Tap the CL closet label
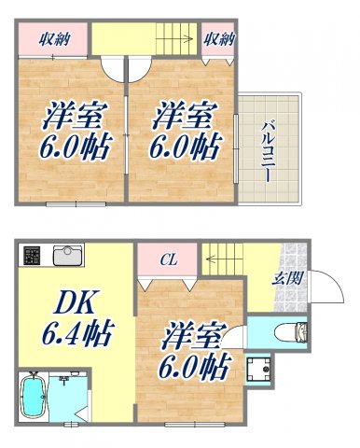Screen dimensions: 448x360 (168, 259)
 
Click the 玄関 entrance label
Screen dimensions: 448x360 (285, 277)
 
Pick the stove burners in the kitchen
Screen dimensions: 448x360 (33, 255)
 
